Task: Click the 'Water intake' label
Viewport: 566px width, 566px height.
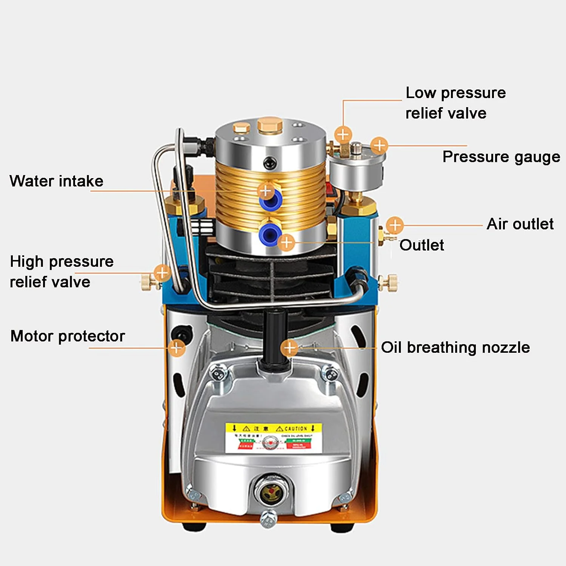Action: [x=56, y=181]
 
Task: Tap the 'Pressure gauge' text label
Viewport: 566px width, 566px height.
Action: [x=501, y=157]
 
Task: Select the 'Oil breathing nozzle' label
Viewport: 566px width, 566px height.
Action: [x=455, y=348]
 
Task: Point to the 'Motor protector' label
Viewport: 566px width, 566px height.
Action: [x=68, y=336]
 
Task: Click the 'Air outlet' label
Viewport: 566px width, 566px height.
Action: [x=520, y=224]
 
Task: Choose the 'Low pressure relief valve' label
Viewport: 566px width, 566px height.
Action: [x=455, y=103]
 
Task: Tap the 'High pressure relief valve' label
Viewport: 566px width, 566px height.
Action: [x=62, y=272]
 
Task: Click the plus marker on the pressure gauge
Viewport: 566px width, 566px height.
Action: [x=379, y=145]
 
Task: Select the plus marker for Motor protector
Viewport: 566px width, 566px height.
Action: [x=177, y=348]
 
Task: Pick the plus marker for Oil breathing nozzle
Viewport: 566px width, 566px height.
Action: [x=290, y=348]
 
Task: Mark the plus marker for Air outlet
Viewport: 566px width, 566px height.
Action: [x=395, y=225]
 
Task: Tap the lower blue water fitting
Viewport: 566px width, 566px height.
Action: [x=269, y=233]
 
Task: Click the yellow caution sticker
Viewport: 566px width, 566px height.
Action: [x=274, y=438]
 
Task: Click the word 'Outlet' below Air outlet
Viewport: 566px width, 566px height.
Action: [x=421, y=245]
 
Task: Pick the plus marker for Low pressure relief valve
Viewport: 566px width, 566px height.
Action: [x=343, y=134]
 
